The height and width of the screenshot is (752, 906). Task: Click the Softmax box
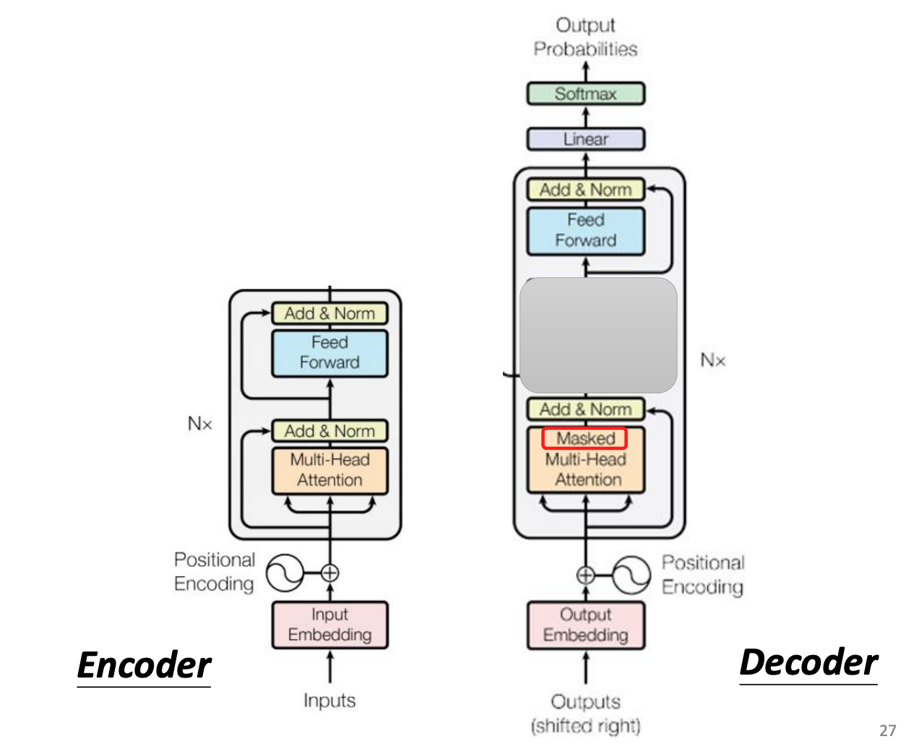[x=585, y=94]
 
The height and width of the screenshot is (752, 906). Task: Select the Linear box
[x=585, y=139]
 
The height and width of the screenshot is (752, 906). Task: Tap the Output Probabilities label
[x=585, y=37]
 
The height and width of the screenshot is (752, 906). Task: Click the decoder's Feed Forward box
[x=585, y=231]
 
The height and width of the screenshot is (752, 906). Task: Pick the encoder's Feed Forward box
[x=329, y=353]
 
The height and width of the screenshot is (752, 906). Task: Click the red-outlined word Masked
[x=584, y=438]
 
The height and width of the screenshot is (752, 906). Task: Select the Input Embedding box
[x=329, y=625]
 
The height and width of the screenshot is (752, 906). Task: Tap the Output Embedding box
[x=585, y=625]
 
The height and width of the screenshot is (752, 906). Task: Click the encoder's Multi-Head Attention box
[x=329, y=470]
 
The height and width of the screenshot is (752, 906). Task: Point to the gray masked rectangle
[x=598, y=335]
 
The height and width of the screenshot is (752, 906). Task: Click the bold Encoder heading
[x=144, y=665]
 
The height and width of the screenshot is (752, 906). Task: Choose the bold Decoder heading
[x=808, y=662]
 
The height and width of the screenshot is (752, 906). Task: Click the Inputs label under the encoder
[x=329, y=701]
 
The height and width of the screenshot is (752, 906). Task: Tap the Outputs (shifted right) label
[x=585, y=714]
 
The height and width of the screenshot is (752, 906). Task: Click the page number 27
[x=887, y=730]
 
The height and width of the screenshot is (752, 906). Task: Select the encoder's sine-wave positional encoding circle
[x=285, y=573]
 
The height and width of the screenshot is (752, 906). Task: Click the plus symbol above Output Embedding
[x=586, y=576]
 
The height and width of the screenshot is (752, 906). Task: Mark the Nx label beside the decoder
[x=712, y=360]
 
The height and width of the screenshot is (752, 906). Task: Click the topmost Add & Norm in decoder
[x=585, y=189]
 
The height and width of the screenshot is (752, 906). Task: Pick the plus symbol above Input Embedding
[x=329, y=573]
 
